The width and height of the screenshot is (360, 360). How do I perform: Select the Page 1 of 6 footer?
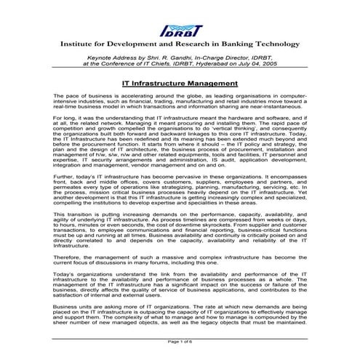[x=179, y=341]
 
